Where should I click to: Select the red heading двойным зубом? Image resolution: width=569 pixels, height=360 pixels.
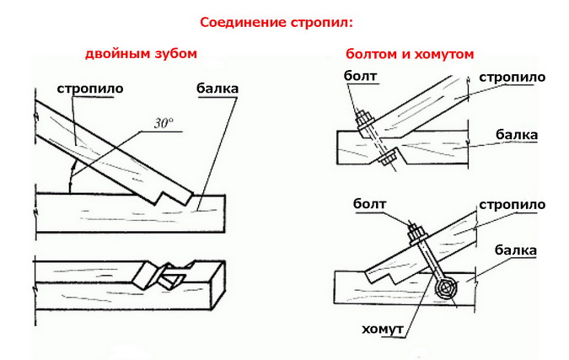click(x=141, y=53)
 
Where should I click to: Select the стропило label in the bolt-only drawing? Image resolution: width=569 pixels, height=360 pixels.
click(x=512, y=78)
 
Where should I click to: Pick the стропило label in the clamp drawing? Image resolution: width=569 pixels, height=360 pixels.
click(x=512, y=205)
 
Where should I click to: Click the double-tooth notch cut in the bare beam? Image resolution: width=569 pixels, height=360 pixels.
click(x=168, y=274)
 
